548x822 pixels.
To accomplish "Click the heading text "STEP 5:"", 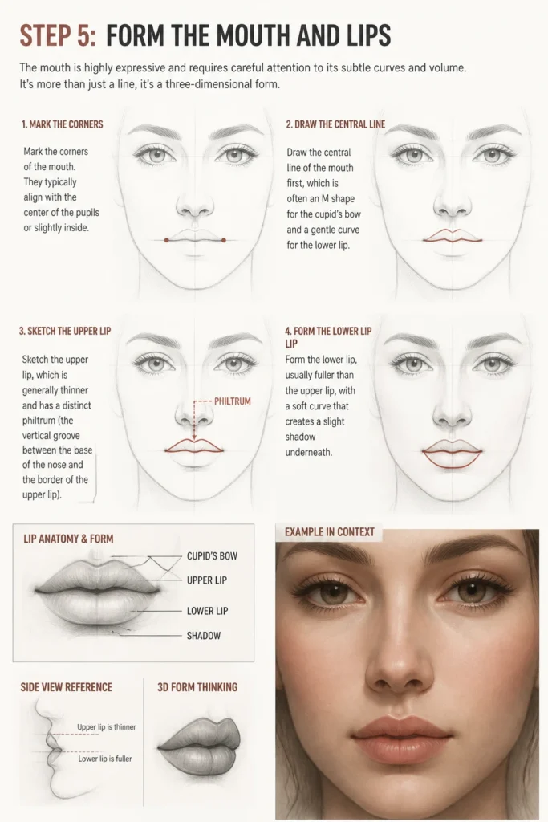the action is tap(58, 35).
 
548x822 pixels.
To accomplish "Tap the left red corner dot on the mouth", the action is tap(166, 240).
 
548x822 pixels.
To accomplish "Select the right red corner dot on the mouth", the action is tap(224, 240).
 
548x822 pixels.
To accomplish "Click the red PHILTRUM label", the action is tap(233, 401).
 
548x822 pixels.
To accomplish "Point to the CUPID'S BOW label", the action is tap(212, 555).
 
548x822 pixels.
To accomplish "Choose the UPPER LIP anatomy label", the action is tap(207, 580).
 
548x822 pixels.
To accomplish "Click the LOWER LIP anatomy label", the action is tap(208, 611).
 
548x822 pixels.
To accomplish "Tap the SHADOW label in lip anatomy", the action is tap(204, 636).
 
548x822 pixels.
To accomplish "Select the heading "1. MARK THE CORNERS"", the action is tap(63, 124).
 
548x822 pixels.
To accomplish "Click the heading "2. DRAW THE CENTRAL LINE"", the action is tap(335, 124).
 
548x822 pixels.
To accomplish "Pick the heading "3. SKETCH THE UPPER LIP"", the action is tap(65, 331).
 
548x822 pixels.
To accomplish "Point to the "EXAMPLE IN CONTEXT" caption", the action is tap(330, 531).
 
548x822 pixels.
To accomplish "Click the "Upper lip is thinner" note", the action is tap(107, 726).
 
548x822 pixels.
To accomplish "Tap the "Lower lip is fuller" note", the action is tap(105, 758).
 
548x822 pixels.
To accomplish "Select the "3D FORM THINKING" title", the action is tap(197, 687).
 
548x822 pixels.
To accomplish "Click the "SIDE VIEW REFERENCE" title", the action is tap(67, 687).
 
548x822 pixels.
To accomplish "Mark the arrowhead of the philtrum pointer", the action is tap(194, 437).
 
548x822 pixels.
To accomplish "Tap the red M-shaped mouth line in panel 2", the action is tap(453, 237).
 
